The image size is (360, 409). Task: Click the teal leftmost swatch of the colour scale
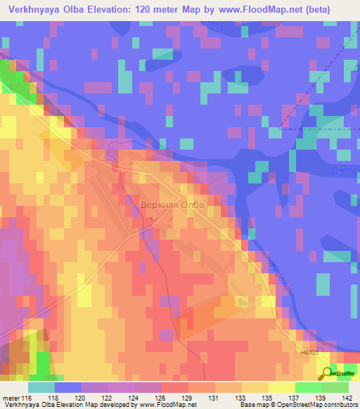pos(41,387)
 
